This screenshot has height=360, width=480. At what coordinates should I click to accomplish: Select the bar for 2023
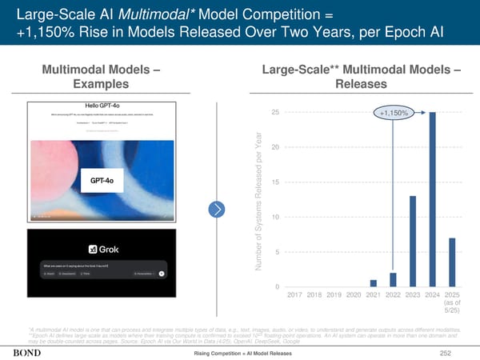413,241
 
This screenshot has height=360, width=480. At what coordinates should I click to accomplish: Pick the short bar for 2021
373,282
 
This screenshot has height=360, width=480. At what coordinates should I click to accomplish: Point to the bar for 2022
393,278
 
